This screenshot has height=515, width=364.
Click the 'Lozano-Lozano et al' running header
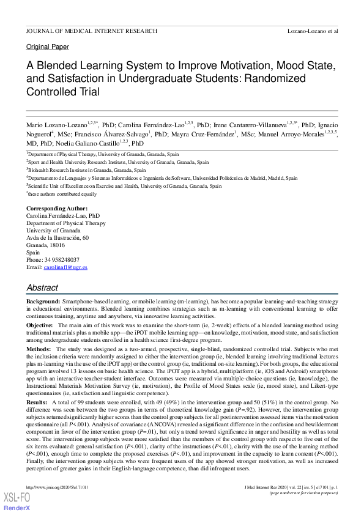pyautogui.click(x=313, y=31)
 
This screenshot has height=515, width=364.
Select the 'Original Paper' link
pyautogui.click(x=47, y=47)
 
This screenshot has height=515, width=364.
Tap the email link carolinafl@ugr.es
pyautogui.click(x=65, y=267)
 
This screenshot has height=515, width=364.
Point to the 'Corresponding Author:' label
pyautogui.click(x=56, y=209)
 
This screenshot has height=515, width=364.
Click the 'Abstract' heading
pyautogui.click(x=43, y=287)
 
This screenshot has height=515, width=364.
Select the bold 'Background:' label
pyautogui.click(x=43, y=303)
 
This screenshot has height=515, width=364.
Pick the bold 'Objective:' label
pyautogui.click(x=40, y=324)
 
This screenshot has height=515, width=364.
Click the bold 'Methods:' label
pyautogui.click(x=39, y=348)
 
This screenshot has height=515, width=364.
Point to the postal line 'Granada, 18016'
pyautogui.click(x=45, y=245)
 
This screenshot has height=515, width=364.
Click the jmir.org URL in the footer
pyautogui.click(x=57, y=487)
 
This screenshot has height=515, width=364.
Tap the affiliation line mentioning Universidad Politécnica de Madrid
pyautogui.click(x=162, y=178)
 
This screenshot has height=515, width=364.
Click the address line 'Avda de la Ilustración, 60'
pyautogui.click(x=57, y=238)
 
